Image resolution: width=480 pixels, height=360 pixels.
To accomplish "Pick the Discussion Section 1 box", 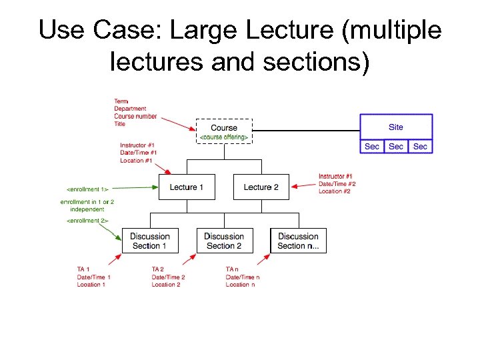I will click(149, 241).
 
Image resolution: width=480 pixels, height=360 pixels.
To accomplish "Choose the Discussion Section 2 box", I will click(224, 241).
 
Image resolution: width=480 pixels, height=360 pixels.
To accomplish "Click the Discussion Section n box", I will click(298, 241).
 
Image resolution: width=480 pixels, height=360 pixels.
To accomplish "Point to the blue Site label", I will click(396, 127).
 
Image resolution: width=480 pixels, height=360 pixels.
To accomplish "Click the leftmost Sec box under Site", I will click(372, 147).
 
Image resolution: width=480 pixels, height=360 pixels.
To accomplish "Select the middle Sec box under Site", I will click(396, 147).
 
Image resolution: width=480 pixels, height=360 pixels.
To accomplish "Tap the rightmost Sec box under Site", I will click(420, 147).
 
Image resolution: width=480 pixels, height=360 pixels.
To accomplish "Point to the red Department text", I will click(130, 109).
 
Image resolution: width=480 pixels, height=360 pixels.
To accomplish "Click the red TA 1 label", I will click(84, 269).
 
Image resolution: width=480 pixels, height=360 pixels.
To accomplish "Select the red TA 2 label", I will click(158, 269).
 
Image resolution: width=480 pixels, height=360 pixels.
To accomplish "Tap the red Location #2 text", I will click(335, 191).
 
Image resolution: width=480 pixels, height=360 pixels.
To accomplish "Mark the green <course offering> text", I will click(224, 137).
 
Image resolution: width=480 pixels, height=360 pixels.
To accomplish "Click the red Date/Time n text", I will click(243, 277).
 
